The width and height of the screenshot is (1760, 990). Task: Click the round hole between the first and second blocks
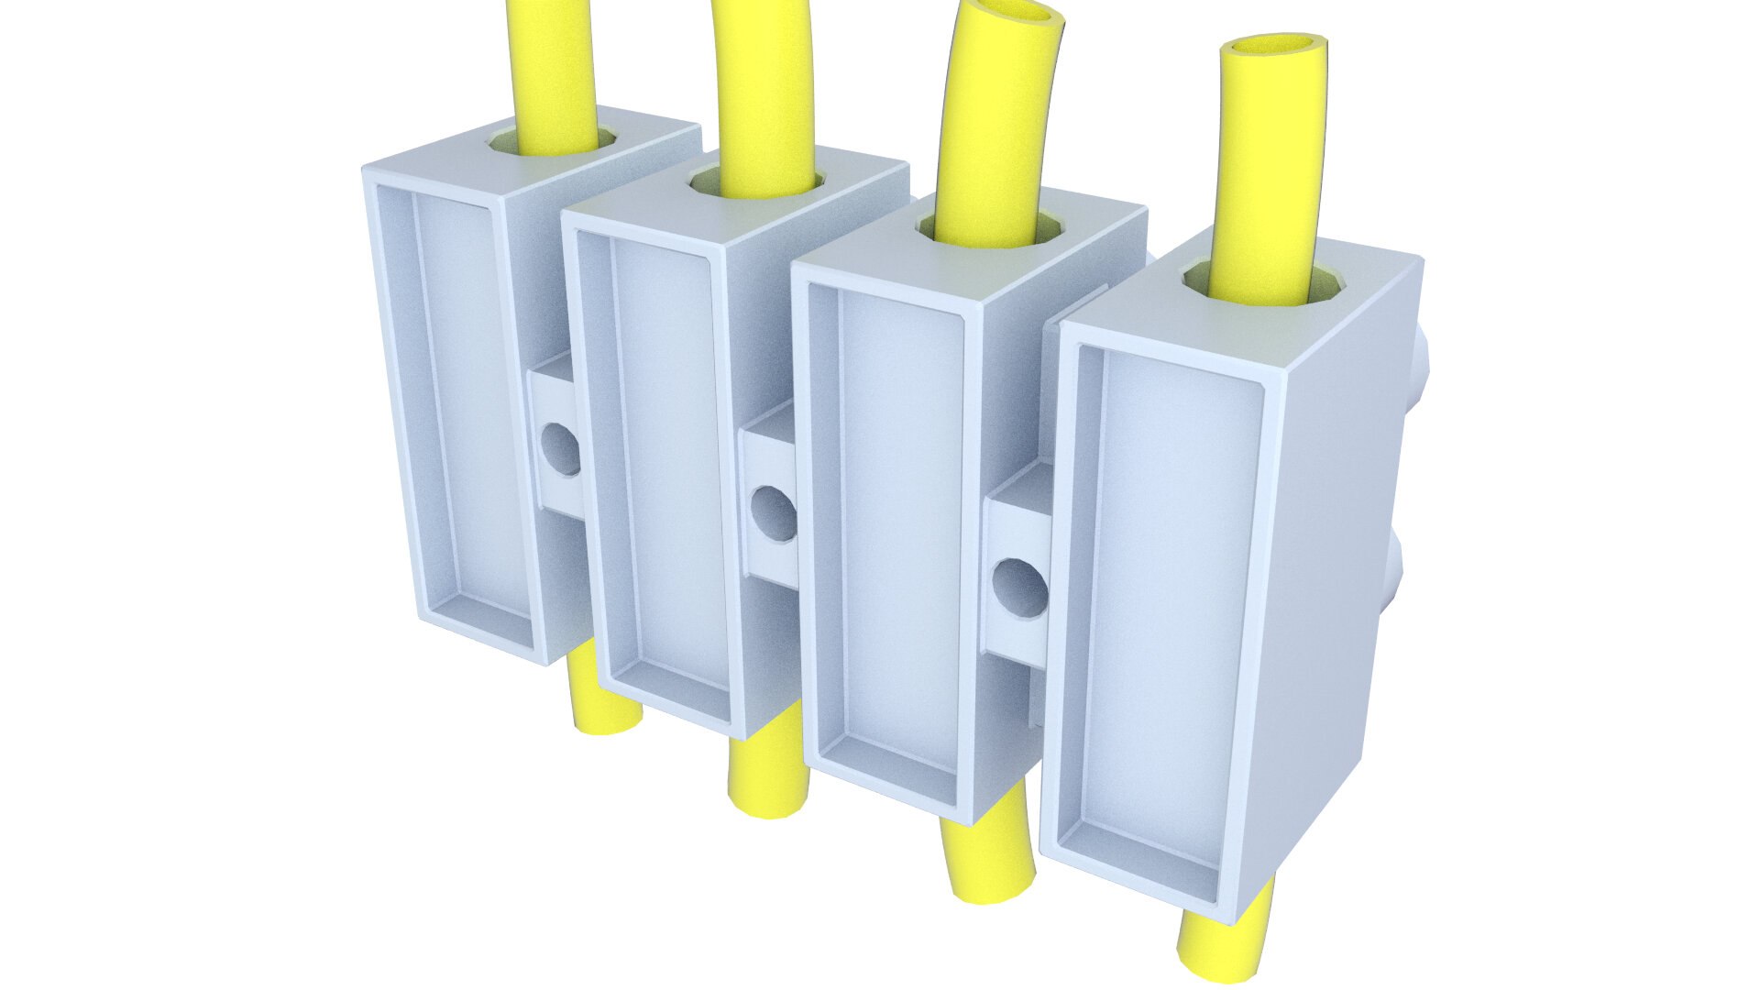point(561,448)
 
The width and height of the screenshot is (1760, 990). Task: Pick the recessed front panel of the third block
point(917,541)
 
